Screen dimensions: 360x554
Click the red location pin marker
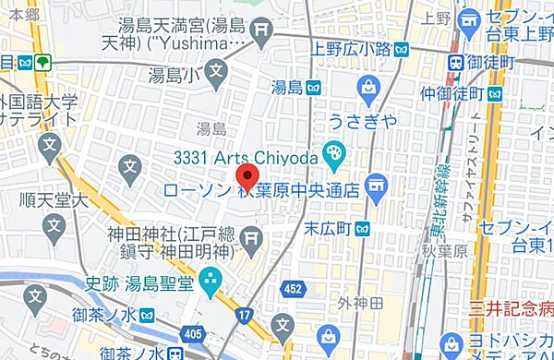click(x=247, y=175)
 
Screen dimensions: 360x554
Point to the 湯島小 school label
click(x=175, y=71)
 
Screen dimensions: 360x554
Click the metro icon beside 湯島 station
click(x=315, y=88)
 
